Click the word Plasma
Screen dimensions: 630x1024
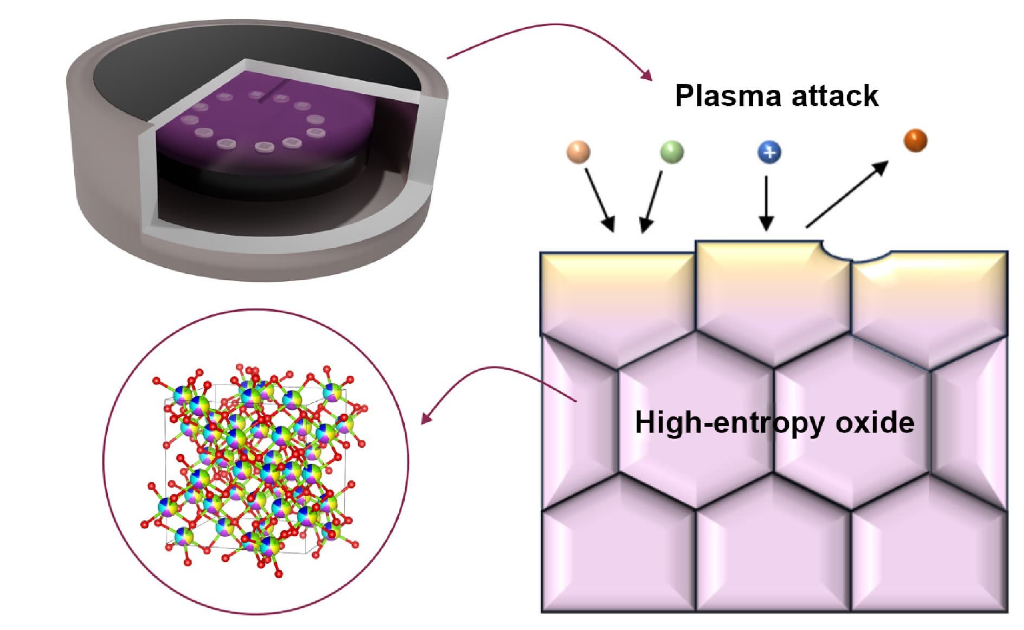[x=727, y=96]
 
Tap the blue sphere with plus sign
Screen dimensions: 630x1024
[x=769, y=152]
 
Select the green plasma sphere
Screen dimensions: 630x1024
[x=672, y=151]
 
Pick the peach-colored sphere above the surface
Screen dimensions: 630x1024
[x=578, y=152]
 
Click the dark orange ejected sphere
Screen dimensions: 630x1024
[x=915, y=140]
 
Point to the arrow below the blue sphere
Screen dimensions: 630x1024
[x=766, y=203]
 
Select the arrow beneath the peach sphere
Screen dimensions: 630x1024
[x=600, y=200]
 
